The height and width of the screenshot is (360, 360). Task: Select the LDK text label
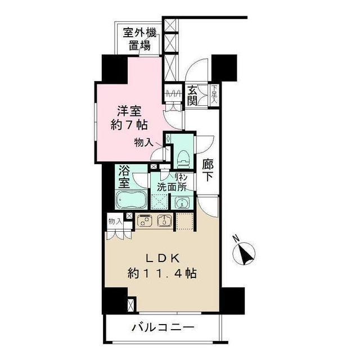(163, 259)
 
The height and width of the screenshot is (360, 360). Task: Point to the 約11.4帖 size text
(163, 274)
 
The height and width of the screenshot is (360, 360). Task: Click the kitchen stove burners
(145, 220)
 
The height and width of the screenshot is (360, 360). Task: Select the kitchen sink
(165, 220)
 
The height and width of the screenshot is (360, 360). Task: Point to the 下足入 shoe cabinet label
(214, 91)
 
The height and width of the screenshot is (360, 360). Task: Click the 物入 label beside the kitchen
(114, 222)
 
